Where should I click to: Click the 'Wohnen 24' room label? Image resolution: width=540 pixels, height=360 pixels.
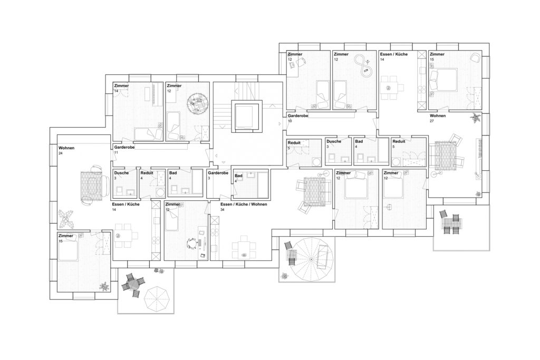(66, 150)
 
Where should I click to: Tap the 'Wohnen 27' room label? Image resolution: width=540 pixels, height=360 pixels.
(437, 118)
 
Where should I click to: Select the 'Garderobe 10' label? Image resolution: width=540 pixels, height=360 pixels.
(298, 119)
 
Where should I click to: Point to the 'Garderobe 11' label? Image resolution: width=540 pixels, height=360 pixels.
(124, 149)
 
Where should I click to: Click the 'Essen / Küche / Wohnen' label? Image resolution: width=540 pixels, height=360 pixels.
(244, 204)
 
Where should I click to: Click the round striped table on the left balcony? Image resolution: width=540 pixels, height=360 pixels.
(132, 284)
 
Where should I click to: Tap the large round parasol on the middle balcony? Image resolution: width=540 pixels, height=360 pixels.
(311, 259)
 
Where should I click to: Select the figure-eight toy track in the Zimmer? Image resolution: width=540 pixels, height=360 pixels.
(363, 65)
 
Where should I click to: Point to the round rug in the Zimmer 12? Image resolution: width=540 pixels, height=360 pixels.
(198, 102)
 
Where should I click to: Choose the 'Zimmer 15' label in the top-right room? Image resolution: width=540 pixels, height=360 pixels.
(437, 56)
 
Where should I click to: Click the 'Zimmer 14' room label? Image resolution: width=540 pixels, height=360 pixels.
(122, 88)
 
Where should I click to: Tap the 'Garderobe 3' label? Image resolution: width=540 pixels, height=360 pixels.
(218, 175)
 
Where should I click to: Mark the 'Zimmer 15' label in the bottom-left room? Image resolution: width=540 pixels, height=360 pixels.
(66, 238)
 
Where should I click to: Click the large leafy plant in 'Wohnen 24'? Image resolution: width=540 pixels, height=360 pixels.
(66, 219)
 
